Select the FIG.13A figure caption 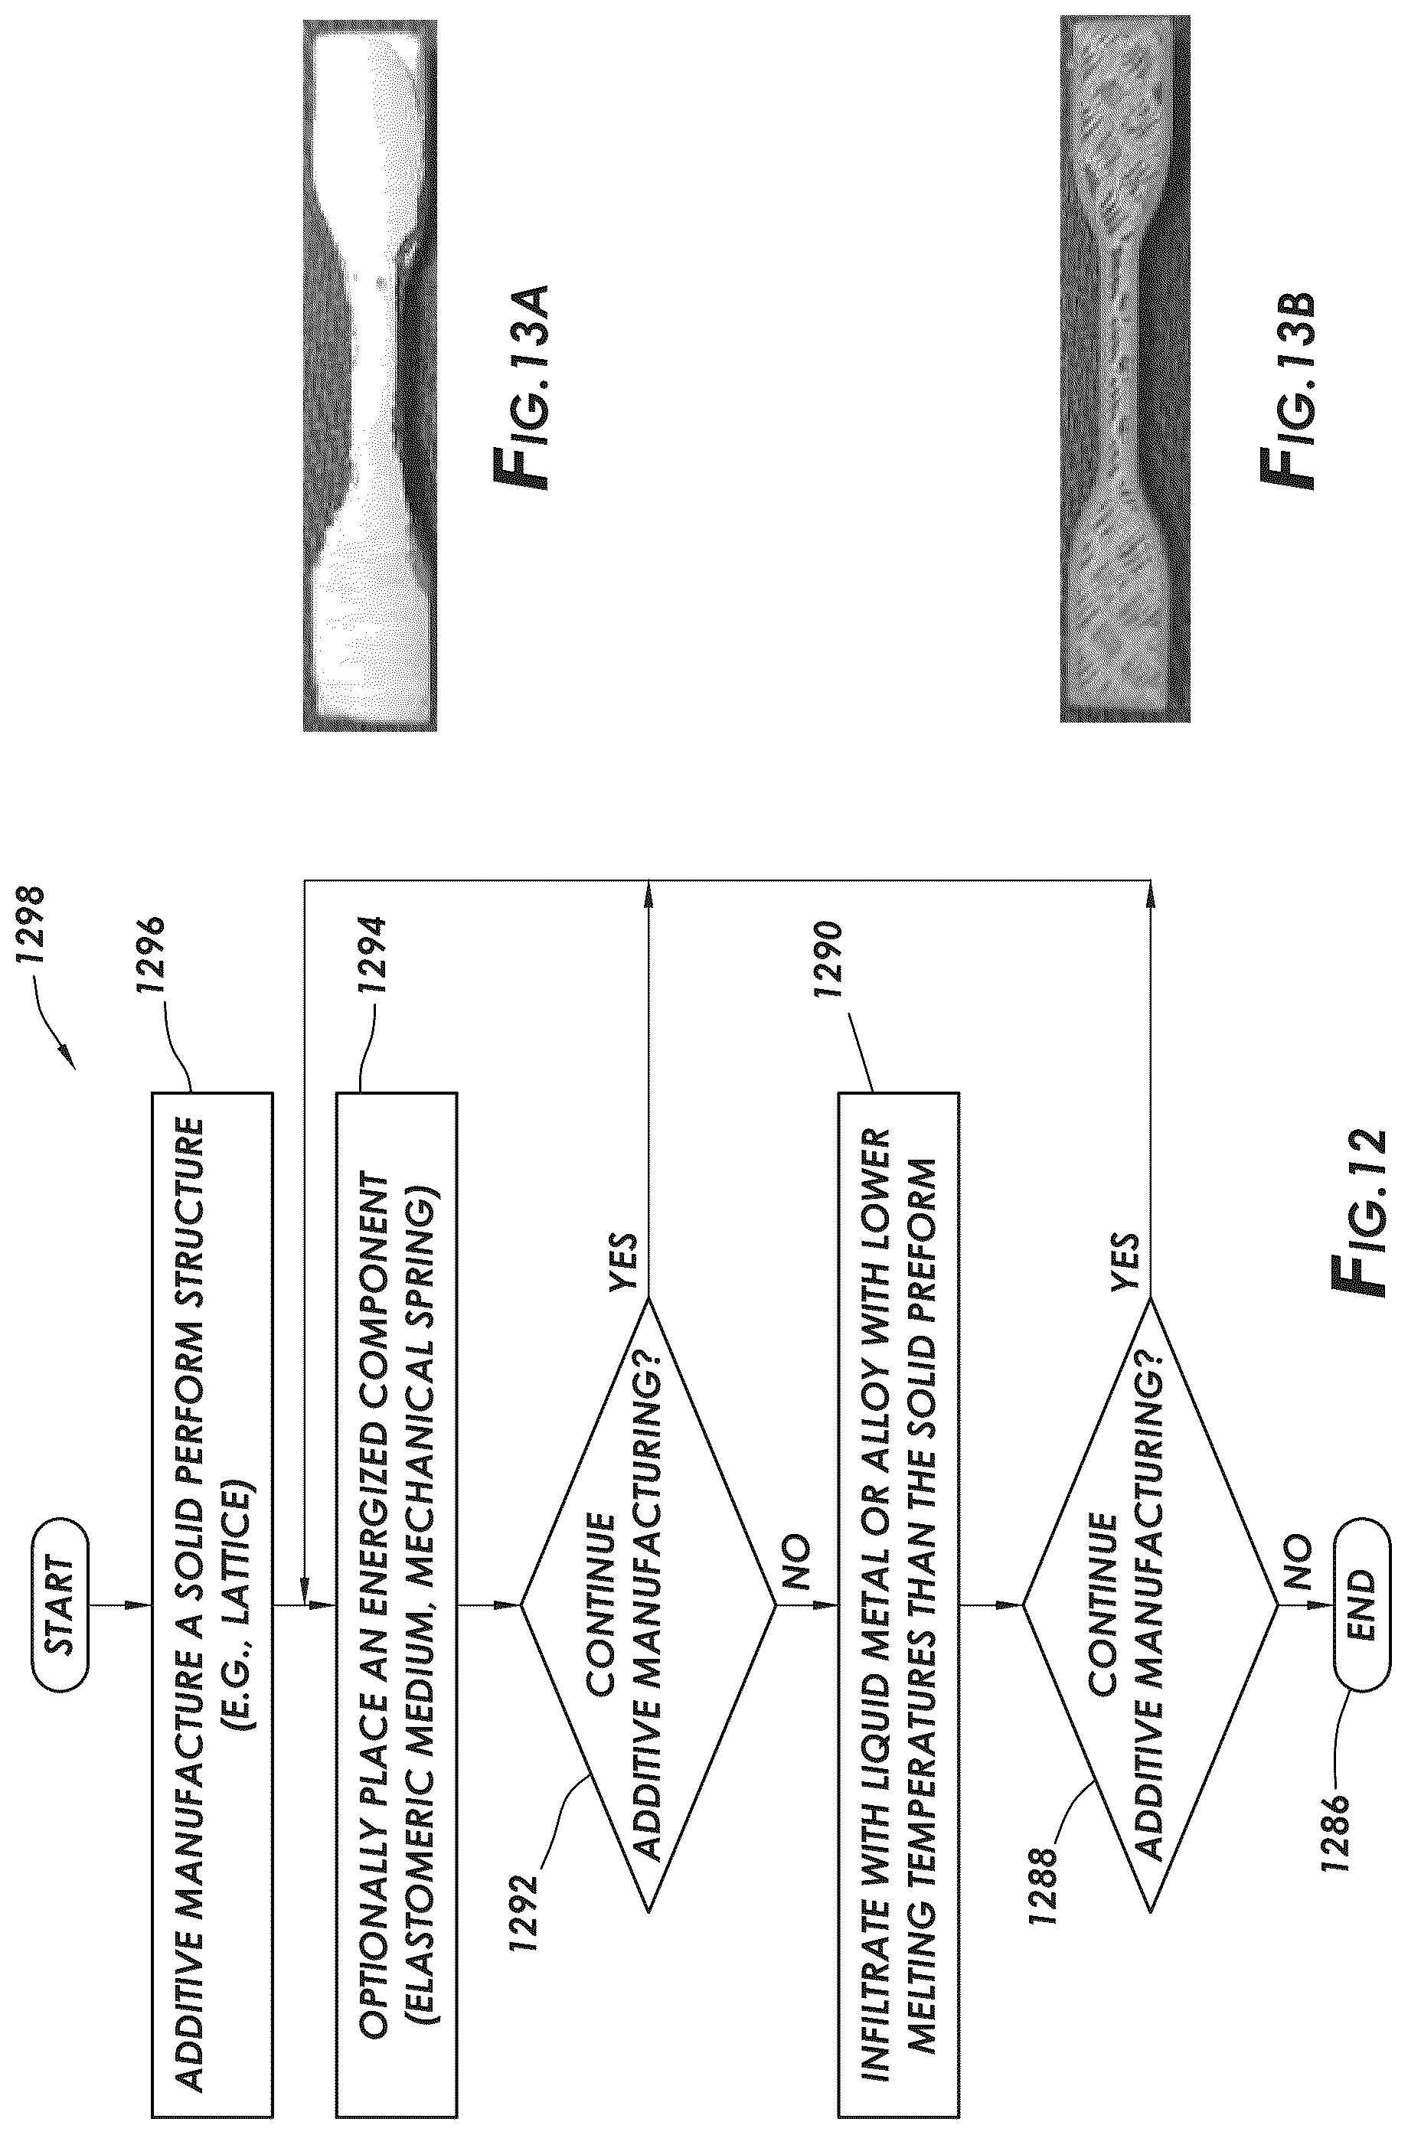pyautogui.click(x=521, y=387)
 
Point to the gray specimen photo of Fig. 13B pyautogui.click(x=1126, y=368)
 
